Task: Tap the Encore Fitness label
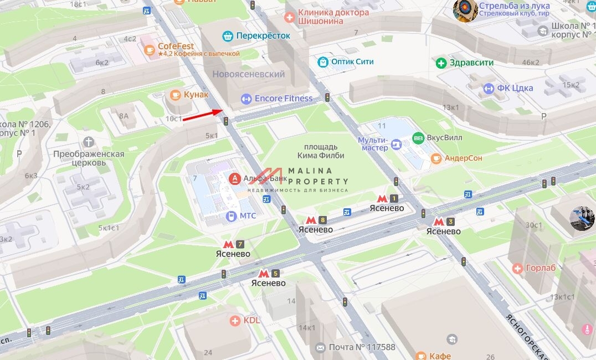(283, 99)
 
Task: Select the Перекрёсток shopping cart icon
(227, 36)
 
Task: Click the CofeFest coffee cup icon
(149, 50)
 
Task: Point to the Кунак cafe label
(196, 95)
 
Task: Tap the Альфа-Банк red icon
(235, 178)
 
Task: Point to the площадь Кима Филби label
(321, 151)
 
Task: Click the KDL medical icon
(235, 320)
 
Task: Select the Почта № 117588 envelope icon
(320, 347)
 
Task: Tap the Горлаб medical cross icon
(517, 269)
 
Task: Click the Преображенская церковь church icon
(89, 142)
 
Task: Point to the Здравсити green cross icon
(441, 63)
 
